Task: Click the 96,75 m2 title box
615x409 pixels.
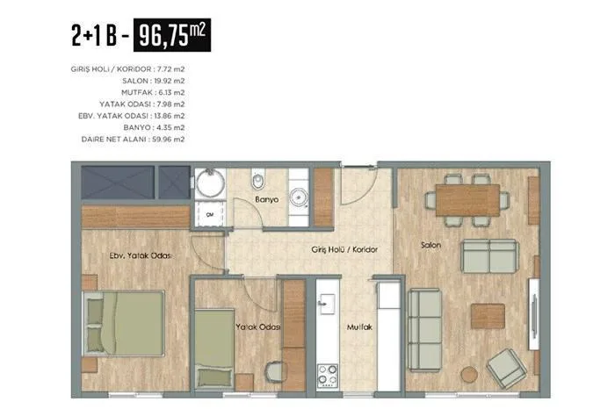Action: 172,35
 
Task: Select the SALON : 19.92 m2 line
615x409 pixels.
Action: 154,81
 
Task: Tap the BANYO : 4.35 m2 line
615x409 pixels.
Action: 154,128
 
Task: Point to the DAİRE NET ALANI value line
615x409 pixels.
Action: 133,140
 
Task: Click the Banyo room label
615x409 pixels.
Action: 267,199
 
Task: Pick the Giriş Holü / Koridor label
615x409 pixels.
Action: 344,249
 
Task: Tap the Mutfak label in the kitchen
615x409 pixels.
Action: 359,326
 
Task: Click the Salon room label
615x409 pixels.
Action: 431,245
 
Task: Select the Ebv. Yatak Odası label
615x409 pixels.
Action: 141,255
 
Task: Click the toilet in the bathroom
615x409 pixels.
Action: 258,179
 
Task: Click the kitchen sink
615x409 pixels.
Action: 327,304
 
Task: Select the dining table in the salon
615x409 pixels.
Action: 467,200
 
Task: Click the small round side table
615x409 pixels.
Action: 469,374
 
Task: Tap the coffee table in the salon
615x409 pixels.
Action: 488,316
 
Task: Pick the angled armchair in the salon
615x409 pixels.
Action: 506,368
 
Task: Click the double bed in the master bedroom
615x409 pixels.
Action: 123,323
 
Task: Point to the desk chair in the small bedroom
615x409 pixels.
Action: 276,371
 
